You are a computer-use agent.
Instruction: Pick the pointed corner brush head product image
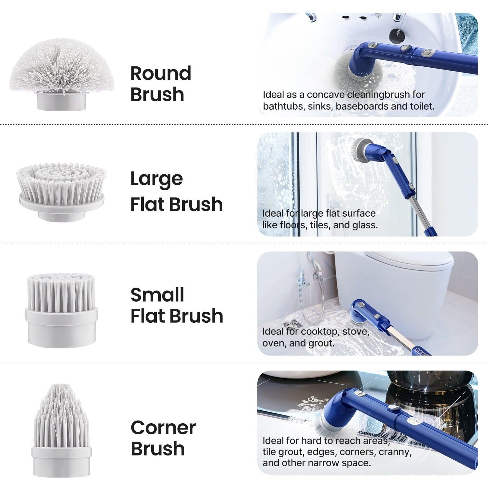61,429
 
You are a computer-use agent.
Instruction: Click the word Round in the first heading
161,74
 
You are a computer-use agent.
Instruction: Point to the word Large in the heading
156,179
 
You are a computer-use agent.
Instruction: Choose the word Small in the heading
157,295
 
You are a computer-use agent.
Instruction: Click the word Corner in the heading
163,427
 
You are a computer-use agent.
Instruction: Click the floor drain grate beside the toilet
292,324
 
